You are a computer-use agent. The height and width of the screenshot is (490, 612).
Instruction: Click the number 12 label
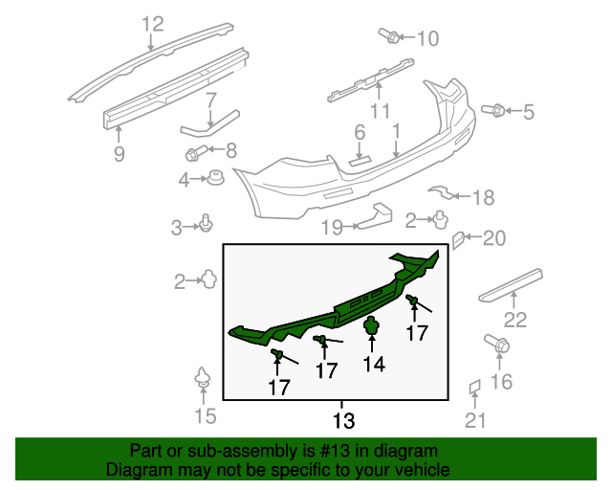[153, 23]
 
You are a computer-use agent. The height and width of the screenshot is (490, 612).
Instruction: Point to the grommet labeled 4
[217, 178]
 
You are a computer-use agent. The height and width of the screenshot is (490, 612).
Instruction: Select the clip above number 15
[203, 377]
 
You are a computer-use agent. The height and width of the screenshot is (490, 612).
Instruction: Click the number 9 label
[119, 153]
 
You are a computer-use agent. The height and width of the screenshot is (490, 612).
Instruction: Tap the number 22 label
[515, 320]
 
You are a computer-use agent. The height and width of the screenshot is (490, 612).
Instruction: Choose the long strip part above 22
[510, 284]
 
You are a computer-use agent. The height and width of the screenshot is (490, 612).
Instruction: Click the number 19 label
[331, 228]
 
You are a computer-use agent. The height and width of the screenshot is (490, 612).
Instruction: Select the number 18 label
[483, 198]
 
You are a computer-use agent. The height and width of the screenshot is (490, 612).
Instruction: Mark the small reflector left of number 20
[458, 238]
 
